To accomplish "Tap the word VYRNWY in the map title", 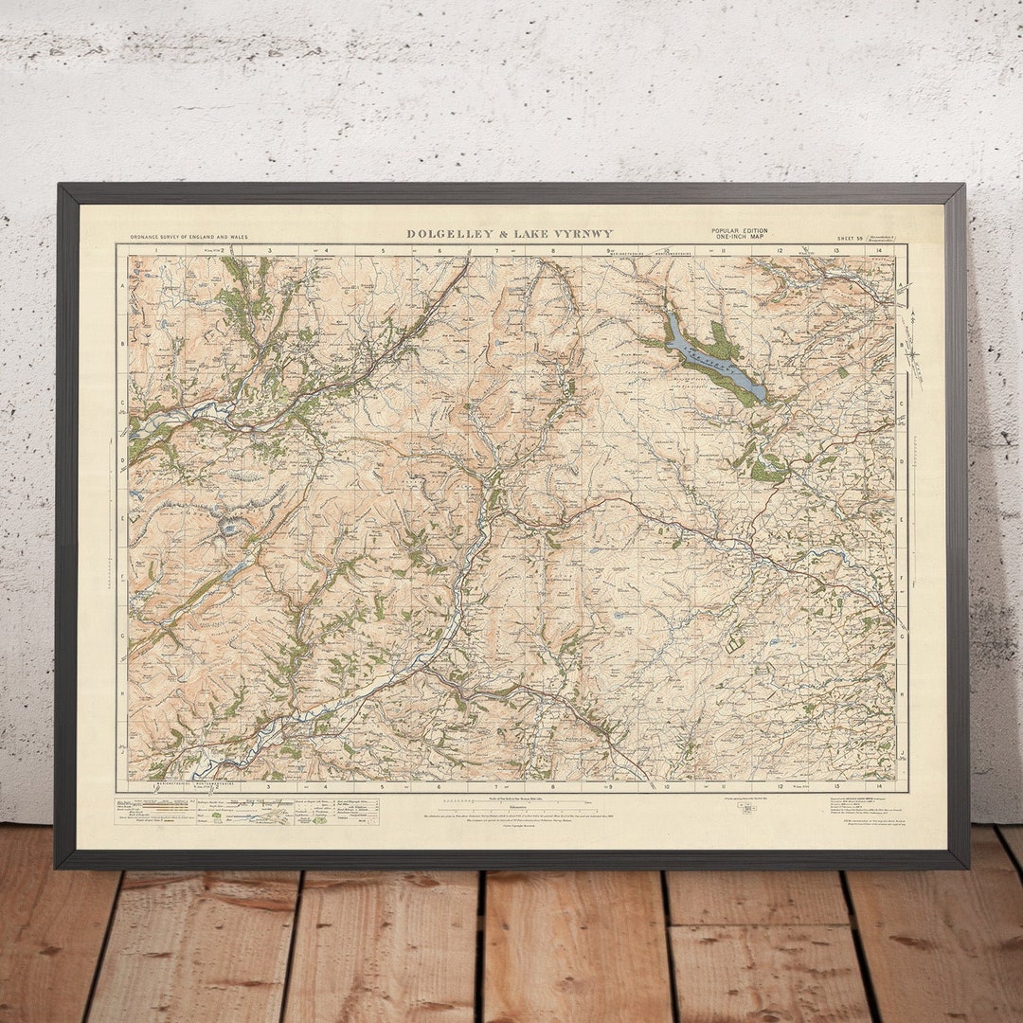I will click(585, 234).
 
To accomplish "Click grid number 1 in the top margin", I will click(154, 250).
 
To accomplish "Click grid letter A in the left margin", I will click(122, 284).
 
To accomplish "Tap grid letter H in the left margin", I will click(122, 692).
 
